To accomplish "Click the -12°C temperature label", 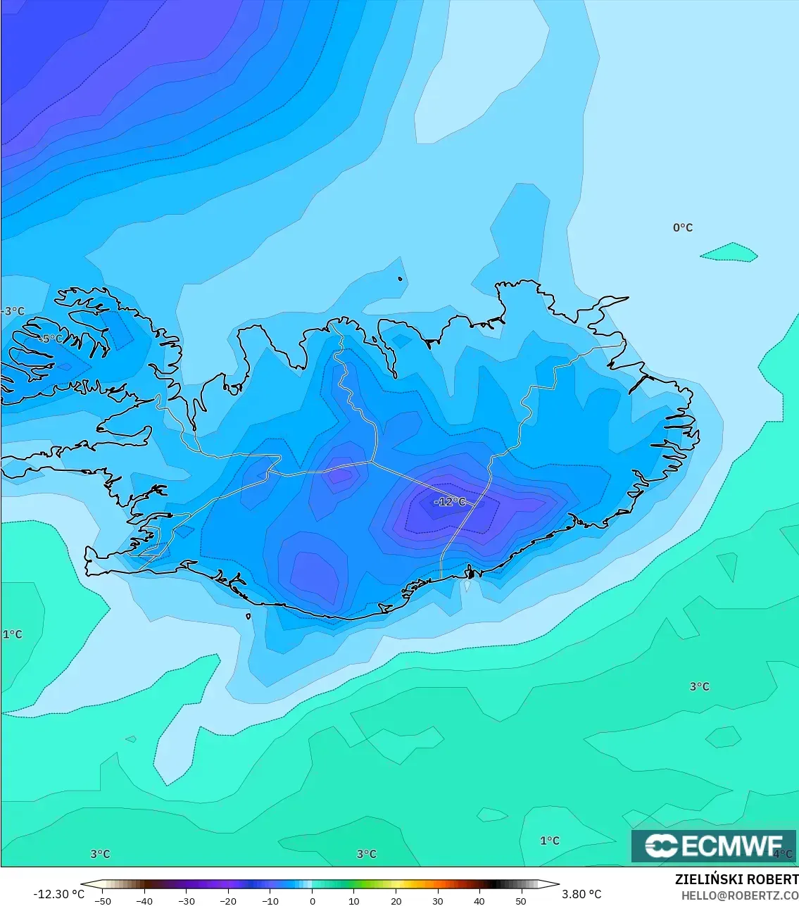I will click(450, 502).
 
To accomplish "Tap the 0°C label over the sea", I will click(682, 227).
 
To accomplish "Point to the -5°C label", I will click(49, 339).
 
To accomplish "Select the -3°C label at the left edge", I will click(13, 311).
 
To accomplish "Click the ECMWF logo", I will click(714, 845).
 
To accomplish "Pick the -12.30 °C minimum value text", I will click(58, 894).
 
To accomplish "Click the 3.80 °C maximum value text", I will click(581, 894).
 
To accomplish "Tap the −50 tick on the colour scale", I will click(102, 900).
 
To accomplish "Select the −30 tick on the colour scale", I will click(186, 900).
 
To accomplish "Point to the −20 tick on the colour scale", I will click(228, 900).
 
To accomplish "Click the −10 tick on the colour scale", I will click(270, 900).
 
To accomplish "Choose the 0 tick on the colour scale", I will click(312, 900).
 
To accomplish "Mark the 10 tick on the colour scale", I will click(353, 900).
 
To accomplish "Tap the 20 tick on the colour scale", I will click(396, 900).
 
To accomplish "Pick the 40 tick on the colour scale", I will click(479, 900).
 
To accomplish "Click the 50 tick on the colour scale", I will click(521, 900).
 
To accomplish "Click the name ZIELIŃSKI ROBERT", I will click(736, 879).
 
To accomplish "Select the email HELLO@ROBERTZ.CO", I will click(739, 895).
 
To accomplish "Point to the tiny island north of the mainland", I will click(400, 279).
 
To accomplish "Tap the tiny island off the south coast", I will click(248, 617).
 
